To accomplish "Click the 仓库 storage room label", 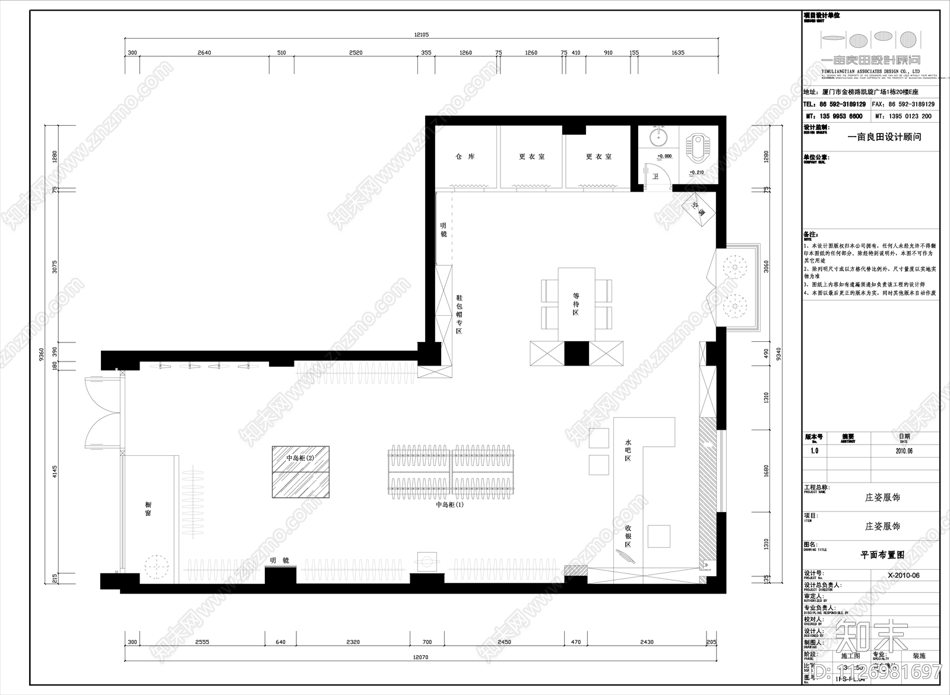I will click(465, 157).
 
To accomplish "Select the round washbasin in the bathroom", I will click(657, 139).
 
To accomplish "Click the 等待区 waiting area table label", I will click(576, 303).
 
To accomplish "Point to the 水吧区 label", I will click(628, 452).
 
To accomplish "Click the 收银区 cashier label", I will click(628, 536).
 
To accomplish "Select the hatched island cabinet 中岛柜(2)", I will click(300, 472).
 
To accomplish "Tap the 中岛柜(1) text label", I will click(449, 504).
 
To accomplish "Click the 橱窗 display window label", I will click(148, 508).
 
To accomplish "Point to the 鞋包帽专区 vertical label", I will click(459, 314).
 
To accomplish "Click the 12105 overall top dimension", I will click(421, 34).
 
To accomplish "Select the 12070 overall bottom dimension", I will click(420, 658).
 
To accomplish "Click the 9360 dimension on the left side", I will click(41, 354).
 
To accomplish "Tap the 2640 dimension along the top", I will click(204, 53).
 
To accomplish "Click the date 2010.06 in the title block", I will click(904, 450).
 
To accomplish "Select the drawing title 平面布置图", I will click(882, 555).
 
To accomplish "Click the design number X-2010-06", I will click(904, 575).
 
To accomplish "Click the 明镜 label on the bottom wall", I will click(279, 560).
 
